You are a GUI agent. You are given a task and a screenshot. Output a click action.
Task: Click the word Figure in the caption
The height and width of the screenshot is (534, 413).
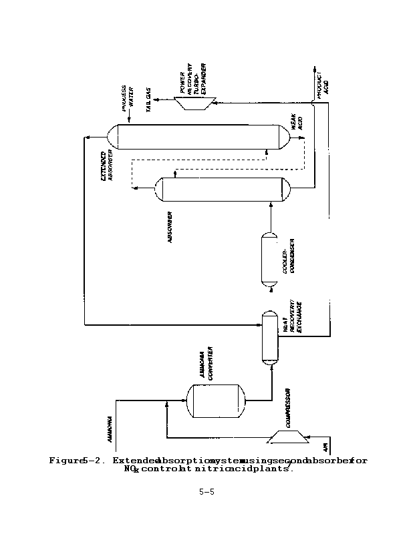65,461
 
